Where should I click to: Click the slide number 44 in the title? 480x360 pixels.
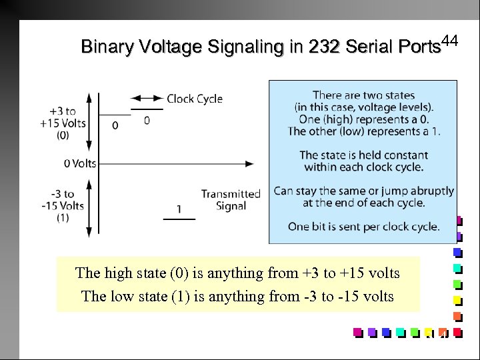point(451,41)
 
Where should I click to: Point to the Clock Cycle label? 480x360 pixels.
point(195,99)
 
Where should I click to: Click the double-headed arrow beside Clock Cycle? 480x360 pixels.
point(147,98)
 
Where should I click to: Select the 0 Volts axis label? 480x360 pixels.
point(80,163)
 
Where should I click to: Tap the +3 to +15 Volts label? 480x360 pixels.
point(63,123)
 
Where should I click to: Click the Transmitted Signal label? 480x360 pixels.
point(231,200)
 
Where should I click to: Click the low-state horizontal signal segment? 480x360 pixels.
point(179,219)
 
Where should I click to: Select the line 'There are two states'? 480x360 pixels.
point(363,95)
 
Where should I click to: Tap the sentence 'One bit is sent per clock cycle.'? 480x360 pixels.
point(363,227)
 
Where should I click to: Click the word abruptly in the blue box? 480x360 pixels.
point(429,191)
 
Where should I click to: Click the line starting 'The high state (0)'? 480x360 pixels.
point(237,273)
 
